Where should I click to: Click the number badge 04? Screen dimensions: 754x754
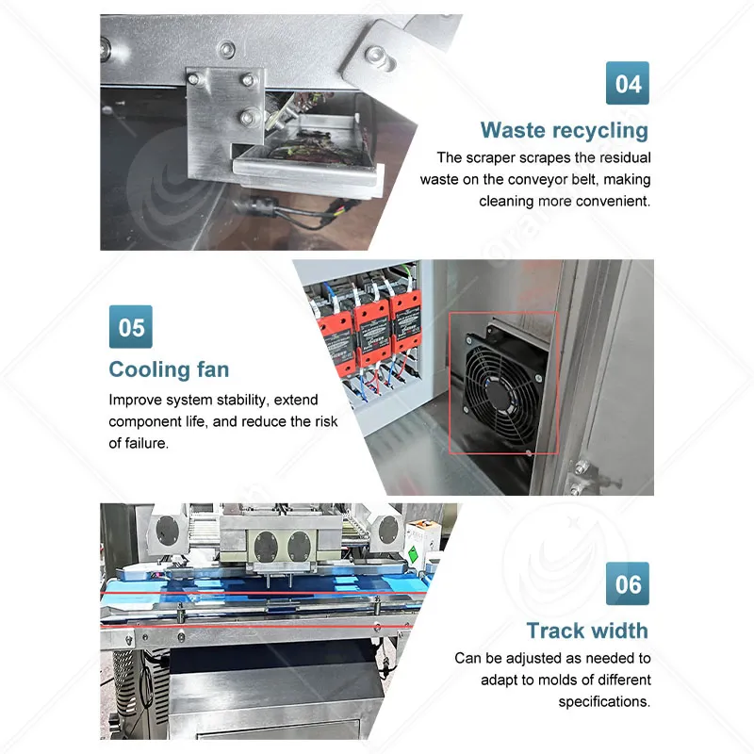pyautogui.click(x=627, y=83)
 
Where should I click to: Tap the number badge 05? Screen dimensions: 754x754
pyautogui.click(x=131, y=326)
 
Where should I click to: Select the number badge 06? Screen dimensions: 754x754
pyautogui.click(x=627, y=583)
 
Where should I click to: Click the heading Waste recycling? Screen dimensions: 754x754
pyautogui.click(x=565, y=130)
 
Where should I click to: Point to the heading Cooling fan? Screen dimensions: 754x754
pyautogui.click(x=169, y=369)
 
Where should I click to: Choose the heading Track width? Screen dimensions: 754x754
pyautogui.click(x=587, y=631)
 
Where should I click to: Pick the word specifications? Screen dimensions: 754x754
pyautogui.click(x=604, y=702)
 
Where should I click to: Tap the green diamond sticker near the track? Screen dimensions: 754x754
pyautogui.click(x=413, y=554)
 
